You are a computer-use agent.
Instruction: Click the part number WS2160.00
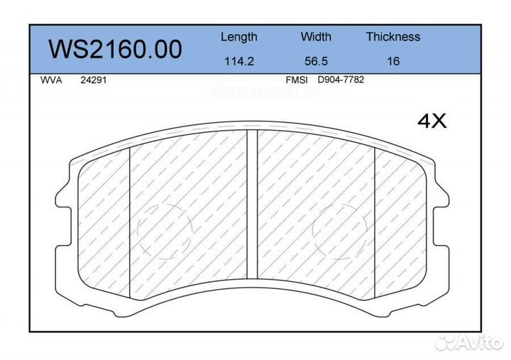[x=115, y=49]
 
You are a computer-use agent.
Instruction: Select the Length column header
[x=238, y=37]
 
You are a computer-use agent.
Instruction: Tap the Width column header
[x=315, y=37]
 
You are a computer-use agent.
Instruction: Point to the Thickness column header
[x=392, y=37]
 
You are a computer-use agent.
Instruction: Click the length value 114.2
[x=238, y=61]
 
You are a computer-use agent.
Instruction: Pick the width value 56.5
[x=315, y=61]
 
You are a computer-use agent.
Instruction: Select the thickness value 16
[x=392, y=61]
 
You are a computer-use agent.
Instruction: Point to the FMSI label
[x=296, y=80]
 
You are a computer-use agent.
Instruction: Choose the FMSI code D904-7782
[x=341, y=80]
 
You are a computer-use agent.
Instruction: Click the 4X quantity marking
[x=432, y=121]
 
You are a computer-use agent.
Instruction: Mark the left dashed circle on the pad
[x=165, y=230]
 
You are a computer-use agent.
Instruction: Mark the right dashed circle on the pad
[x=340, y=230]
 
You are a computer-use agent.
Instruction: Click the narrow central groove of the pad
[x=251, y=206]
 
